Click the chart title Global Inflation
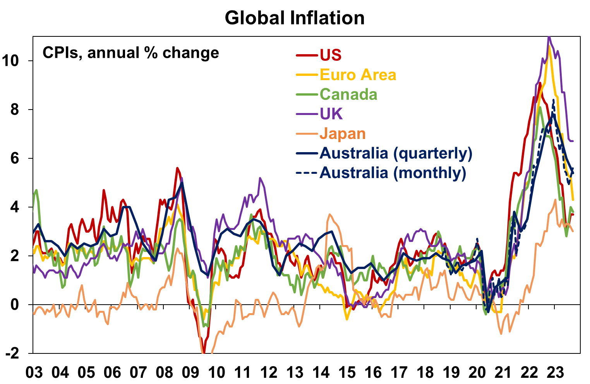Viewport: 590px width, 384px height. coord(295,18)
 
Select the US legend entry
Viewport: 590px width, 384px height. coord(330,55)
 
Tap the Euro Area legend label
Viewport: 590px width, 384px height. coord(358,75)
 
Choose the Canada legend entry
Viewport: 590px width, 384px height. coord(348,94)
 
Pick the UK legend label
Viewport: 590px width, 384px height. coord(331,114)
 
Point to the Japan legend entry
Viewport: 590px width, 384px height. coord(343,134)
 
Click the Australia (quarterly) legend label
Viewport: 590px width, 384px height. coord(396,153)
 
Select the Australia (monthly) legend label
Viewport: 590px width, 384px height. coord(393,173)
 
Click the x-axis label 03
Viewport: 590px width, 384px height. coord(34,372)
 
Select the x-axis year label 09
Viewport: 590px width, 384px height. coord(190,372)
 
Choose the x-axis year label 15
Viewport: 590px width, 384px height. coord(347,372)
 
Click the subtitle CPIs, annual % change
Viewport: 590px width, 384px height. coord(130,53)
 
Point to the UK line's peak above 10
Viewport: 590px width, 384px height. coord(549,38)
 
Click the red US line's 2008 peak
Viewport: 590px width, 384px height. coord(177,168)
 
